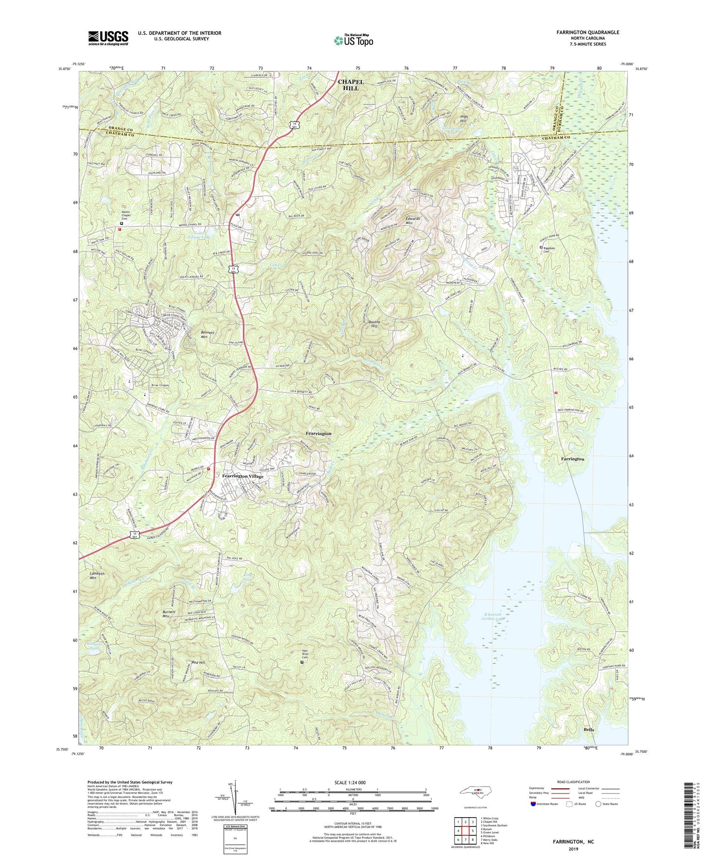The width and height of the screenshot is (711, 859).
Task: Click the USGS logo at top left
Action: click(108, 37)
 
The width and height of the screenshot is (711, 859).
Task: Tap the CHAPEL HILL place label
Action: click(351, 85)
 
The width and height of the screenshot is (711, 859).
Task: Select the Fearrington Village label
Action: click(243, 476)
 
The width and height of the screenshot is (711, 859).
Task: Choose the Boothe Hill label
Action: click(375, 324)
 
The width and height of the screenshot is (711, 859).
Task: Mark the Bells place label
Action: click(589, 730)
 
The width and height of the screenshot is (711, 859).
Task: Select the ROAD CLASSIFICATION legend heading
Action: click(573, 782)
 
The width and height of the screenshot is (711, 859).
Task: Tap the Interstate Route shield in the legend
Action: click(534, 804)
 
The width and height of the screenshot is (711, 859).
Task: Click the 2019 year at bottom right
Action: click(573, 849)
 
